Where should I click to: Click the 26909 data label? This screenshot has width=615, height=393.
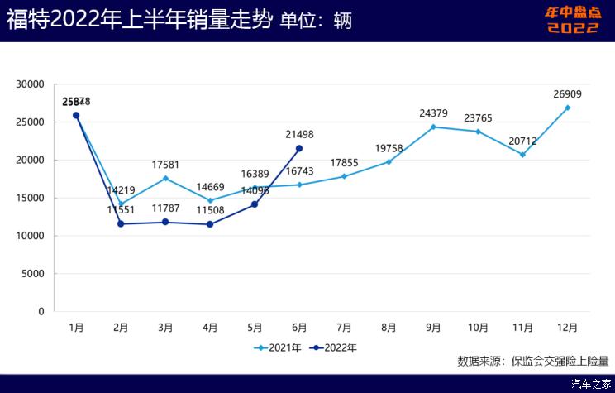click(x=567, y=94)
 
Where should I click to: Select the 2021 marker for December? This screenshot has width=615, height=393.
click(x=567, y=108)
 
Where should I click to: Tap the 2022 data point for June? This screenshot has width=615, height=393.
click(x=299, y=148)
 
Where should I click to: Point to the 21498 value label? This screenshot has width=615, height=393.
click(x=299, y=135)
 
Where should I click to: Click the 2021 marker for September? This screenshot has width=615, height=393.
click(x=433, y=127)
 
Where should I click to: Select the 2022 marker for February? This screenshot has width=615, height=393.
click(x=121, y=223)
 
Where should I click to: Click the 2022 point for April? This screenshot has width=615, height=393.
click(x=210, y=224)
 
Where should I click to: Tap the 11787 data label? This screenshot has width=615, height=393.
click(x=165, y=209)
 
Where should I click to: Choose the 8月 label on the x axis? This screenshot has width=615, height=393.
click(x=389, y=328)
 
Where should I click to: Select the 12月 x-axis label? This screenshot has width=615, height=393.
click(x=567, y=328)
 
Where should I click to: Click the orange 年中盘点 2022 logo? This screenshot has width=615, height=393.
click(x=572, y=20)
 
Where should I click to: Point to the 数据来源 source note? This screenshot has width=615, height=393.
click(x=532, y=361)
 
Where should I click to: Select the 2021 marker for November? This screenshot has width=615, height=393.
click(x=522, y=155)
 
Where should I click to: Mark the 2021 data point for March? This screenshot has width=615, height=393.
click(x=165, y=178)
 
